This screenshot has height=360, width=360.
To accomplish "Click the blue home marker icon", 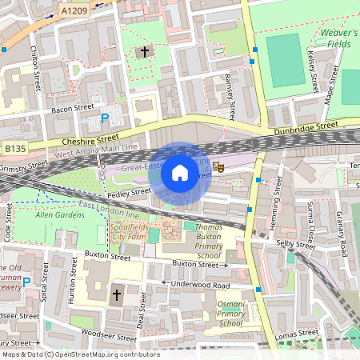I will tap(180, 173).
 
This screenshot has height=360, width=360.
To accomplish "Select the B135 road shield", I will tap(14, 148).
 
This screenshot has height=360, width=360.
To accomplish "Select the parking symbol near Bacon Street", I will tap(104, 118).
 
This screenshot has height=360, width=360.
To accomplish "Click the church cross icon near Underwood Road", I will tap(115, 295).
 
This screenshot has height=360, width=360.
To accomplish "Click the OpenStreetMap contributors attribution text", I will tap(80, 354).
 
